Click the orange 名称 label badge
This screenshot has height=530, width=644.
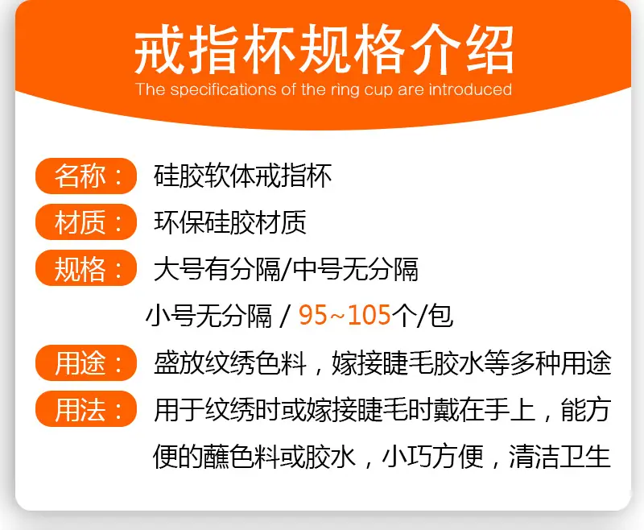(x=86, y=176)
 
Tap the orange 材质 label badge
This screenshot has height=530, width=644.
(x=86, y=222)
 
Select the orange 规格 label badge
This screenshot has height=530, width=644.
(x=86, y=268)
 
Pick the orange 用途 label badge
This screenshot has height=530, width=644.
(x=86, y=362)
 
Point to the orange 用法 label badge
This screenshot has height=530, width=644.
(x=86, y=409)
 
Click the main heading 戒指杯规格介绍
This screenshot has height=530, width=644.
(x=324, y=49)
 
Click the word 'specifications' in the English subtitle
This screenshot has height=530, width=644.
(x=223, y=90)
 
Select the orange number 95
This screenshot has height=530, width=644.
(x=313, y=315)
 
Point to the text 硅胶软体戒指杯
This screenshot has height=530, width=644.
(x=243, y=176)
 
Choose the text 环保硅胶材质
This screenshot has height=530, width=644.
(x=230, y=222)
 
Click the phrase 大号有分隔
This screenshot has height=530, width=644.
(x=217, y=269)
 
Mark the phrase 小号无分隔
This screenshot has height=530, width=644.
(x=208, y=316)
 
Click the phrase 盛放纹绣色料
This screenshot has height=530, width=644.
(x=230, y=362)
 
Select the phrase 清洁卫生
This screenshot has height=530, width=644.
(x=559, y=456)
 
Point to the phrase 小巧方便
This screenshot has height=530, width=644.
(x=432, y=456)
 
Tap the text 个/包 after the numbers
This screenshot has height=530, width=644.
(x=423, y=316)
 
